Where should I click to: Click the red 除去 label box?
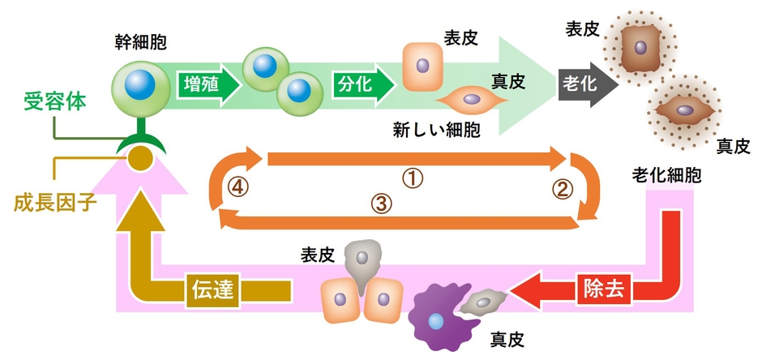603,289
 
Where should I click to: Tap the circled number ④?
238,186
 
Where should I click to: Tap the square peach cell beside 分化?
422,66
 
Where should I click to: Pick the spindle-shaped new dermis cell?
471,101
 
